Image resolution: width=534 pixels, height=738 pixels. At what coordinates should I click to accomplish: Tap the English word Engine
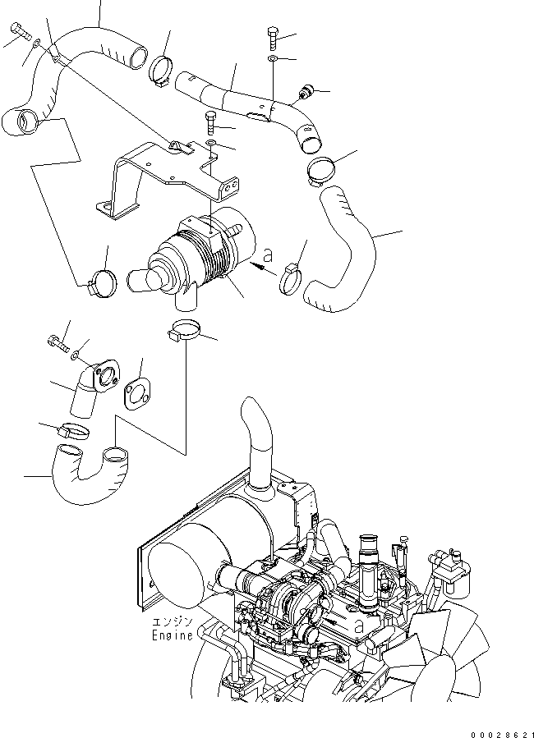pyautogui.click(x=173, y=635)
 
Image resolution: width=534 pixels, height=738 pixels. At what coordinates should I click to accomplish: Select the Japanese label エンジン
pyautogui.click(x=173, y=622)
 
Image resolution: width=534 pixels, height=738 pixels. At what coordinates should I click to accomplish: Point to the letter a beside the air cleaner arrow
pyautogui.click(x=268, y=256)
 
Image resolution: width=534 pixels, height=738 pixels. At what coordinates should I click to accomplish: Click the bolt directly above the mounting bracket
pyautogui.click(x=209, y=124)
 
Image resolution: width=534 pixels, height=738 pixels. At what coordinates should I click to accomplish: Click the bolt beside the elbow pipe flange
pyautogui.click(x=58, y=341)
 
